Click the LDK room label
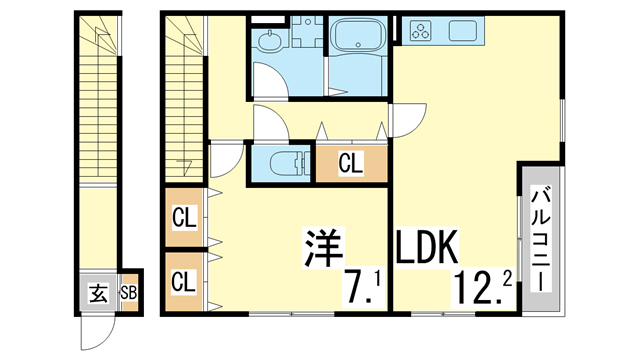tap(427, 247)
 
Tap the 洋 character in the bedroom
tap(323, 246)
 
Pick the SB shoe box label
tap(129, 293)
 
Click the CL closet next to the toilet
tap(350, 162)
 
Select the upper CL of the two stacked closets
tap(184, 215)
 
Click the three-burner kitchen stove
tap(420, 30)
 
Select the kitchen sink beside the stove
tap(463, 30)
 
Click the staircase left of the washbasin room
tap(184, 90)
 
